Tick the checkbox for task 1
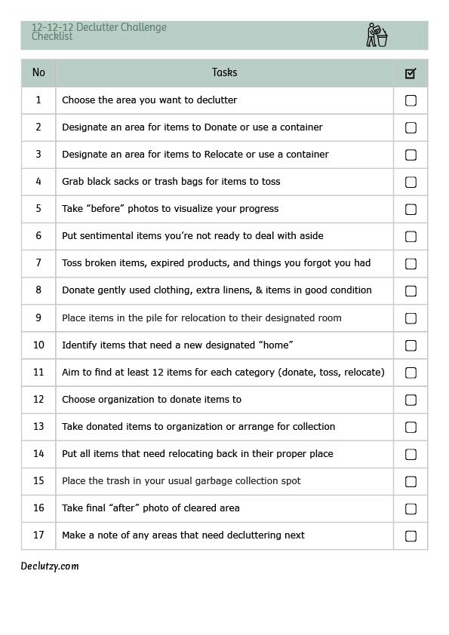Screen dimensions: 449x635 [411, 100]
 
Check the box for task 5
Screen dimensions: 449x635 [411, 209]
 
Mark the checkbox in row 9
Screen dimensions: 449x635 [411, 318]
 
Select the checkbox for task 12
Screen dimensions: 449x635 [411, 400]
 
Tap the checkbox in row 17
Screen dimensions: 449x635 [411, 536]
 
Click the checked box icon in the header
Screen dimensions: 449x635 [411, 73]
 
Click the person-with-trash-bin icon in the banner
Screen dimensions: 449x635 [376, 35]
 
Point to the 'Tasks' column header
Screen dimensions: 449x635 [224, 72]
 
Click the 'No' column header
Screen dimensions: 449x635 [38, 72]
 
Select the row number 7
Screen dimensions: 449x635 [38, 263]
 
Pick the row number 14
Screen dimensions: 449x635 [38, 454]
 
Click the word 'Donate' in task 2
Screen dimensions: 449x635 [220, 127]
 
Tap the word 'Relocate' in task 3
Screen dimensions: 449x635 [225, 155]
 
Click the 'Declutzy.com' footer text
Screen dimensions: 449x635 [50, 566]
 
